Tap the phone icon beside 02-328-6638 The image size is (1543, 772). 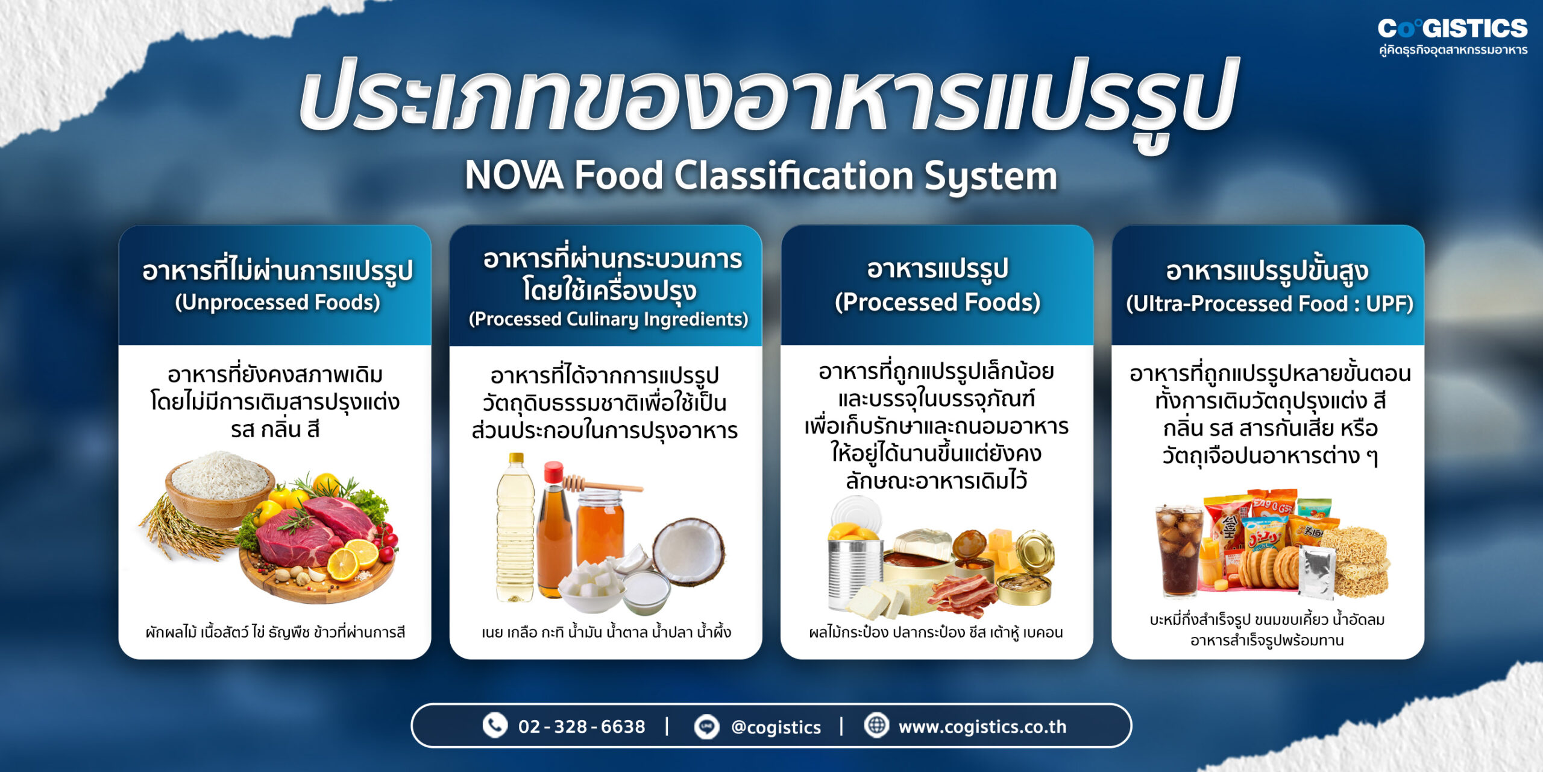point(495,726)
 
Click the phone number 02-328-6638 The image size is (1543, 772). point(582,727)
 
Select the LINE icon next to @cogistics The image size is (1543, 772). point(706,727)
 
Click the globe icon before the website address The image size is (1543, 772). point(876,726)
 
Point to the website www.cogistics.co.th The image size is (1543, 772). point(982,727)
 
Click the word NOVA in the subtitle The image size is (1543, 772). point(514,176)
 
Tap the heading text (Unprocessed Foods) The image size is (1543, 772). point(277,303)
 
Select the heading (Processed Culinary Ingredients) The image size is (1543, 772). point(608,319)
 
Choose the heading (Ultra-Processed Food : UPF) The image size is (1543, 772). point(1269,304)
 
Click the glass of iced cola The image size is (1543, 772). point(1178,549)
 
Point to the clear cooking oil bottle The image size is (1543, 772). point(515,531)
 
